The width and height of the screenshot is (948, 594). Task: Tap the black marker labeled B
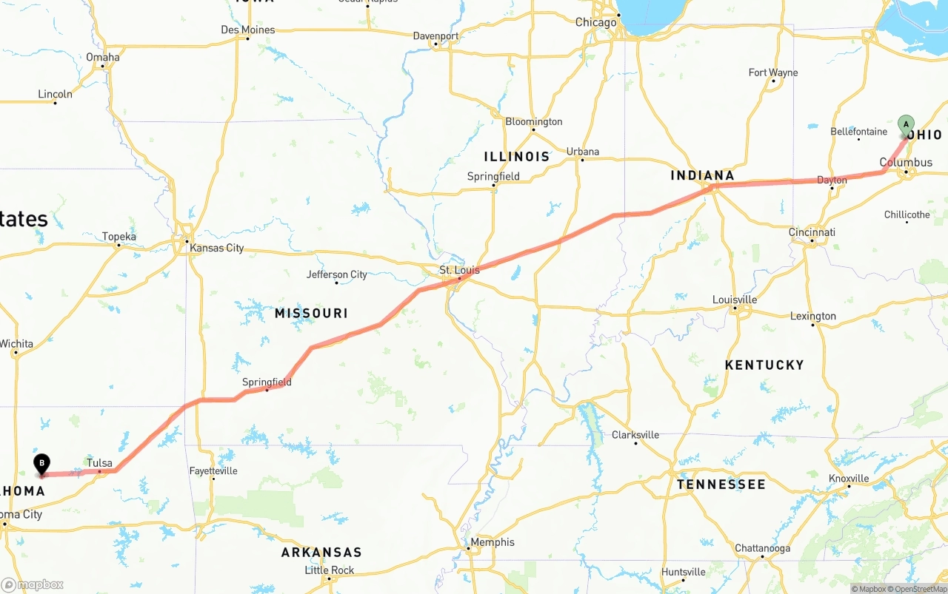[x=42, y=464]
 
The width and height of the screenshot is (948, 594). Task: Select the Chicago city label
[x=595, y=22]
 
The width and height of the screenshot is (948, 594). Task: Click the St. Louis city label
[x=459, y=270]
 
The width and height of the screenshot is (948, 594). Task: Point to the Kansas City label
[x=216, y=248]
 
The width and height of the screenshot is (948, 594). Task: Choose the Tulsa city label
[x=99, y=463]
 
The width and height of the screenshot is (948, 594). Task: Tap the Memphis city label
[x=492, y=542]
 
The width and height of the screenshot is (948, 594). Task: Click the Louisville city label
[x=735, y=300]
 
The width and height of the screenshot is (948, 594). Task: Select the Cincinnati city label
[x=812, y=232]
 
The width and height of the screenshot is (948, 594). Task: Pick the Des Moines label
[x=247, y=30]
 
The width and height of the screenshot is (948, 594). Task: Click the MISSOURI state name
[x=311, y=314]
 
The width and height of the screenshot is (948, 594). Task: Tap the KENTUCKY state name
[x=764, y=365]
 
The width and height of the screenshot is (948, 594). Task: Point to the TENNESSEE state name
[x=721, y=485]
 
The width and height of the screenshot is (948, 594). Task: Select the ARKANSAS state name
[x=321, y=553]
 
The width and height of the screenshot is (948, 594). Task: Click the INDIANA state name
[x=702, y=175]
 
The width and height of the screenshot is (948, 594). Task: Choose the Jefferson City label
[x=337, y=274]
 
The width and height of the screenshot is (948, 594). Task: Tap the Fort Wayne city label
[x=773, y=72]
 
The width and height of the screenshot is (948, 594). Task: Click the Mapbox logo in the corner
[x=33, y=584]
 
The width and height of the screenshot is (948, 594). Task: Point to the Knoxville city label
[x=849, y=479]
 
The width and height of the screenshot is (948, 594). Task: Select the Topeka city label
[x=119, y=237]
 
